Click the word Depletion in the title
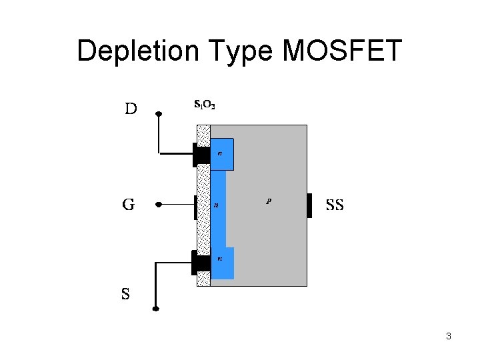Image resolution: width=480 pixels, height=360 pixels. tap(134, 51)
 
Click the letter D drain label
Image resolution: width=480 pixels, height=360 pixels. tap(131, 109)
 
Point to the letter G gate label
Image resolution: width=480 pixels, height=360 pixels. tap(128, 205)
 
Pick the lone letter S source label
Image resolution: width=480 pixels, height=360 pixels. tap(125, 293)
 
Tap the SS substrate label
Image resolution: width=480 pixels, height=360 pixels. tap(335, 205)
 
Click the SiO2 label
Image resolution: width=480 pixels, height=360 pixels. tap(204, 104)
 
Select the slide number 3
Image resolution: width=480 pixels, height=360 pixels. tap(449, 336)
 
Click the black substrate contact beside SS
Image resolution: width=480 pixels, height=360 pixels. tap(309, 205)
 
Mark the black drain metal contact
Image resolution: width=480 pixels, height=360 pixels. tap(201, 155)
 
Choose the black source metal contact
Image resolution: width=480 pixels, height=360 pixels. tap(201, 263)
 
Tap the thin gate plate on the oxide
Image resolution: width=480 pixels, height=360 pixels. tap(195, 207)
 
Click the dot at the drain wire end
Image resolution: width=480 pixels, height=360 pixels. tap(159, 114)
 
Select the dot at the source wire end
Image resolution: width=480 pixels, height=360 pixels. tap(155, 309)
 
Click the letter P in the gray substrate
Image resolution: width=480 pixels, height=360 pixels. tap(268, 200)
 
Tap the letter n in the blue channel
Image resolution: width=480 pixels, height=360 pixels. tap(215, 205)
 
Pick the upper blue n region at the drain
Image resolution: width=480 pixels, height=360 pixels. tap(223, 155)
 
